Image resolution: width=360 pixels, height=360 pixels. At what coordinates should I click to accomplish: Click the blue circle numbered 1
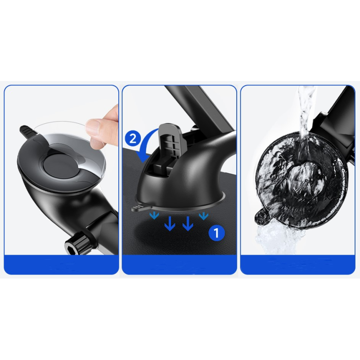tap(216, 233)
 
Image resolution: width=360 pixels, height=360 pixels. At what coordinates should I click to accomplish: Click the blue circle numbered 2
tap(133, 139)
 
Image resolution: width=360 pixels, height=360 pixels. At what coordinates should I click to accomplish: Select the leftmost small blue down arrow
tap(154, 216)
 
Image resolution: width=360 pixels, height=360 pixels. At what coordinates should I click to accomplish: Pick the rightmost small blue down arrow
tap(203, 216)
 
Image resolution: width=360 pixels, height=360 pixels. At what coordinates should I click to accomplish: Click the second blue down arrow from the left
tap(170, 223)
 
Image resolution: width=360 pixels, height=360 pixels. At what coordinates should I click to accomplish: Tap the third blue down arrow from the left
tap(188, 223)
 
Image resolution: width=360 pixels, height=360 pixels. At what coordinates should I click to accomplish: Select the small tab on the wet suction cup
tap(262, 217)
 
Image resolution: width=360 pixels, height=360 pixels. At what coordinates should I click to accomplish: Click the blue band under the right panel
tap(297, 265)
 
